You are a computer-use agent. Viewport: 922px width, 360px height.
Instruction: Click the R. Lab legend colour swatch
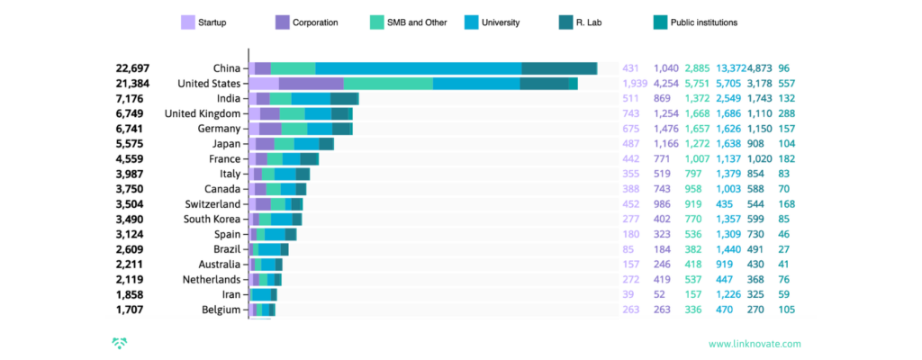[x=569, y=22]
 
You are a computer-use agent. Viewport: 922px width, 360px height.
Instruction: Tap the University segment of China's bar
[x=418, y=68]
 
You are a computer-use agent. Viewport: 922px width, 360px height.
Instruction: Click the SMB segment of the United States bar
[x=388, y=84]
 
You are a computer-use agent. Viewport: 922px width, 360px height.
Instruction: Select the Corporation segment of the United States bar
[x=311, y=84]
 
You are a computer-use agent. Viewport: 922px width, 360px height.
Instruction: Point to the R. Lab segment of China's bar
[x=558, y=68]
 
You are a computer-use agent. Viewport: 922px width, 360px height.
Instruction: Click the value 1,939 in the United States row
[x=635, y=84]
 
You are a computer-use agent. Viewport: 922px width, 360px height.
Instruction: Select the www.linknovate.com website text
[x=755, y=343]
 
